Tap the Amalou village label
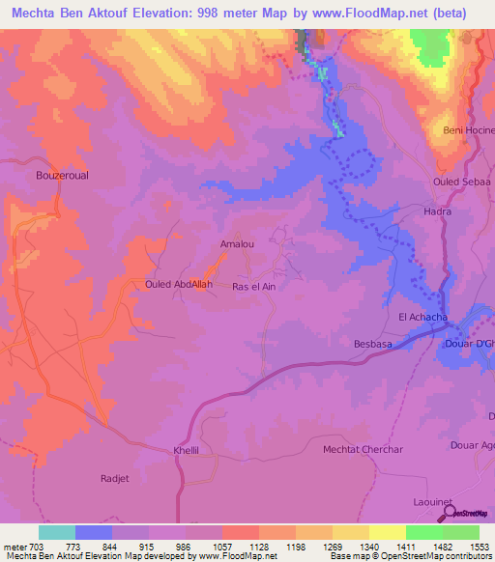pyautogui.click(x=237, y=244)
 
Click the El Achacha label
pyautogui.click(x=422, y=317)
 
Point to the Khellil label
pyautogui.click(x=186, y=450)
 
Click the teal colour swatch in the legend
pyautogui.click(x=57, y=532)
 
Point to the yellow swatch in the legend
pyautogui.click(x=387, y=532)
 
